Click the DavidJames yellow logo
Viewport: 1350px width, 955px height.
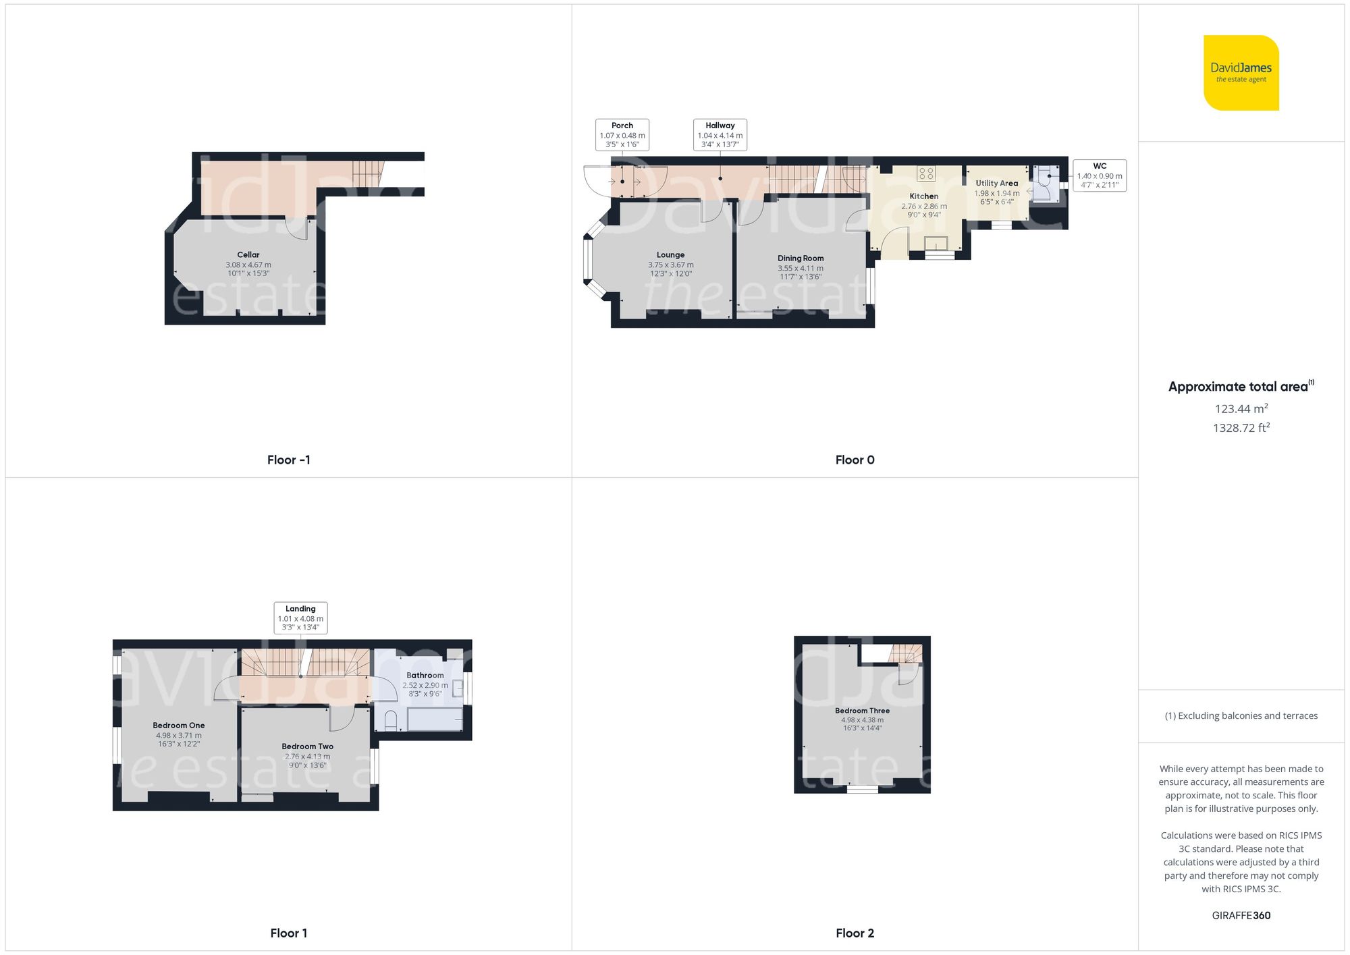point(1241,73)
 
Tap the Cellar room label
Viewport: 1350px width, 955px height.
point(248,255)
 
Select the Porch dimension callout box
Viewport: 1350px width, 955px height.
point(622,135)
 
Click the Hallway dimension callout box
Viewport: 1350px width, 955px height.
point(720,135)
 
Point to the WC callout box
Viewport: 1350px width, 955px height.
point(1099,175)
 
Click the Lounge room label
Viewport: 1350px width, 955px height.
point(670,255)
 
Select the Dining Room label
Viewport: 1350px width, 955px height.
point(800,258)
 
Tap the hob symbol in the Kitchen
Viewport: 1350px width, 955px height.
point(925,174)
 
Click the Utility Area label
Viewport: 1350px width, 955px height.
point(996,184)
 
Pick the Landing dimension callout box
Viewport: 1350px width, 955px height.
point(300,618)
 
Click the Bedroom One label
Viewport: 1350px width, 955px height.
point(178,726)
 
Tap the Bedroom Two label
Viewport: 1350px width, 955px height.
point(307,746)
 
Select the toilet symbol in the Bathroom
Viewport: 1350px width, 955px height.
point(391,721)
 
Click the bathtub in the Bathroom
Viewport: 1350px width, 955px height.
point(435,719)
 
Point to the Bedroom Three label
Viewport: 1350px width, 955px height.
point(862,711)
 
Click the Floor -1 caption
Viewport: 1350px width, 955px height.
point(288,460)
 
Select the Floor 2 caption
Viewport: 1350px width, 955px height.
point(855,933)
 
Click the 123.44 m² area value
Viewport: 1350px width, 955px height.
point(1241,409)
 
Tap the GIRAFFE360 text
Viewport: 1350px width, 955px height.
point(1241,916)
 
